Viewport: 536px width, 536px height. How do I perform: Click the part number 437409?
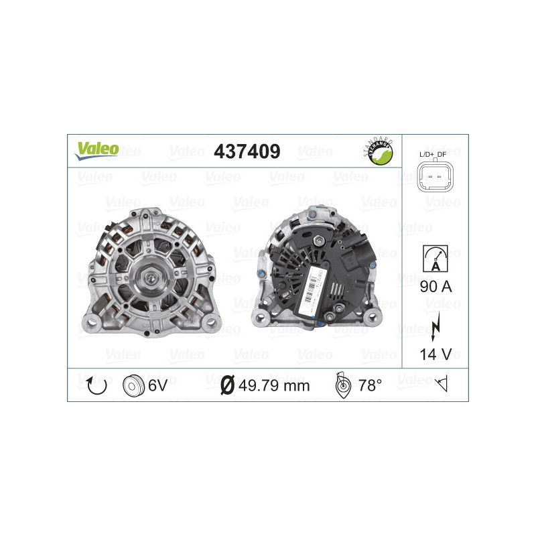tap(246, 151)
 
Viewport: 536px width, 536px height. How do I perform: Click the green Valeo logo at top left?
tap(96, 150)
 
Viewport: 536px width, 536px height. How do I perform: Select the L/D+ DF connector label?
tap(434, 155)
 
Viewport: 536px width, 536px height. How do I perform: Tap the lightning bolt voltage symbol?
tap(435, 324)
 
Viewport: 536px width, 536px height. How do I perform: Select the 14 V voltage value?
tap(434, 355)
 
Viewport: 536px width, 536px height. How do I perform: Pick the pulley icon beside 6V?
tap(134, 385)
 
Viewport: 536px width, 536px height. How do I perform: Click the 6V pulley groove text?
tap(157, 385)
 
